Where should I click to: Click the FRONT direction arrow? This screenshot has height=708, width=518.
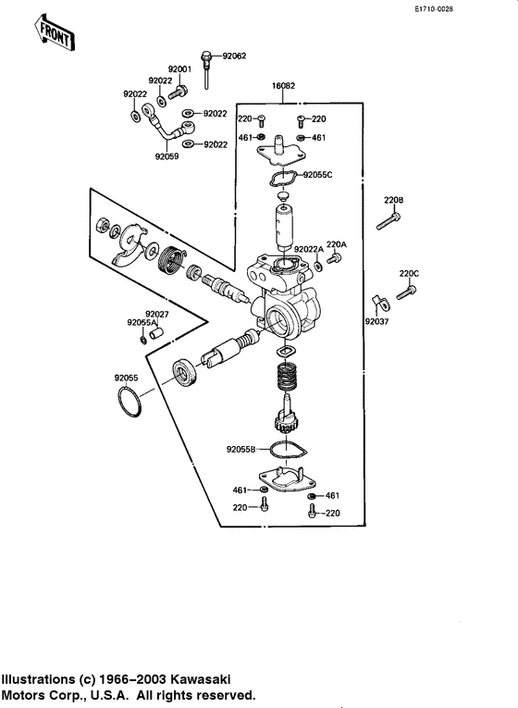55,32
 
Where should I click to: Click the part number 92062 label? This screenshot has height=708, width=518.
235,56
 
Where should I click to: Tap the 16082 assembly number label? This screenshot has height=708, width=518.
283,86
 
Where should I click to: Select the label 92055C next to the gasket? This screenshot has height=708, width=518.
317,175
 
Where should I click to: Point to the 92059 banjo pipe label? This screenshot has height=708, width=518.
166,156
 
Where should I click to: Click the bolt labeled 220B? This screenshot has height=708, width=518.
388,221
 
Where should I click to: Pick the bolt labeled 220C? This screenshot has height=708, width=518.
406,292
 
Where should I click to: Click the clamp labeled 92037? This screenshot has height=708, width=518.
381,304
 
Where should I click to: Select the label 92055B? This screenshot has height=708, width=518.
240,449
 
